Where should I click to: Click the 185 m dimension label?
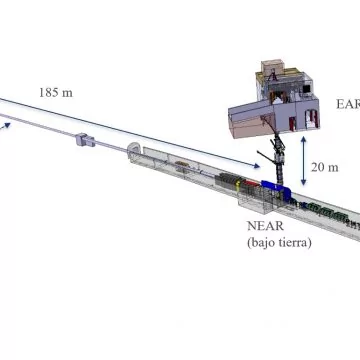(56, 92)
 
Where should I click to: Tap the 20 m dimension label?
(325, 167)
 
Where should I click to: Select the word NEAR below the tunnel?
(265, 226)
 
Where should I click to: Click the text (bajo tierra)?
(279, 243)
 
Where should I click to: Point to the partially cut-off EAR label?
(348, 104)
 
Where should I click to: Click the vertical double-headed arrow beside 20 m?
(303, 161)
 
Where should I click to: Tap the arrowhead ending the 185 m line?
(256, 165)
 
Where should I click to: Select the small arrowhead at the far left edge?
(7, 125)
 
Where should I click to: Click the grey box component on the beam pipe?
(85, 140)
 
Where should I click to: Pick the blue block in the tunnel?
(276, 189)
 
